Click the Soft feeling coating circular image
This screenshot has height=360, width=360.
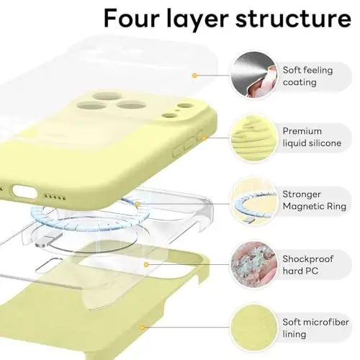[250, 73]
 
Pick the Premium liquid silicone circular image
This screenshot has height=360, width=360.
[250, 137]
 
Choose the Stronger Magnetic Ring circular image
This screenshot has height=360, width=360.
[250, 201]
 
